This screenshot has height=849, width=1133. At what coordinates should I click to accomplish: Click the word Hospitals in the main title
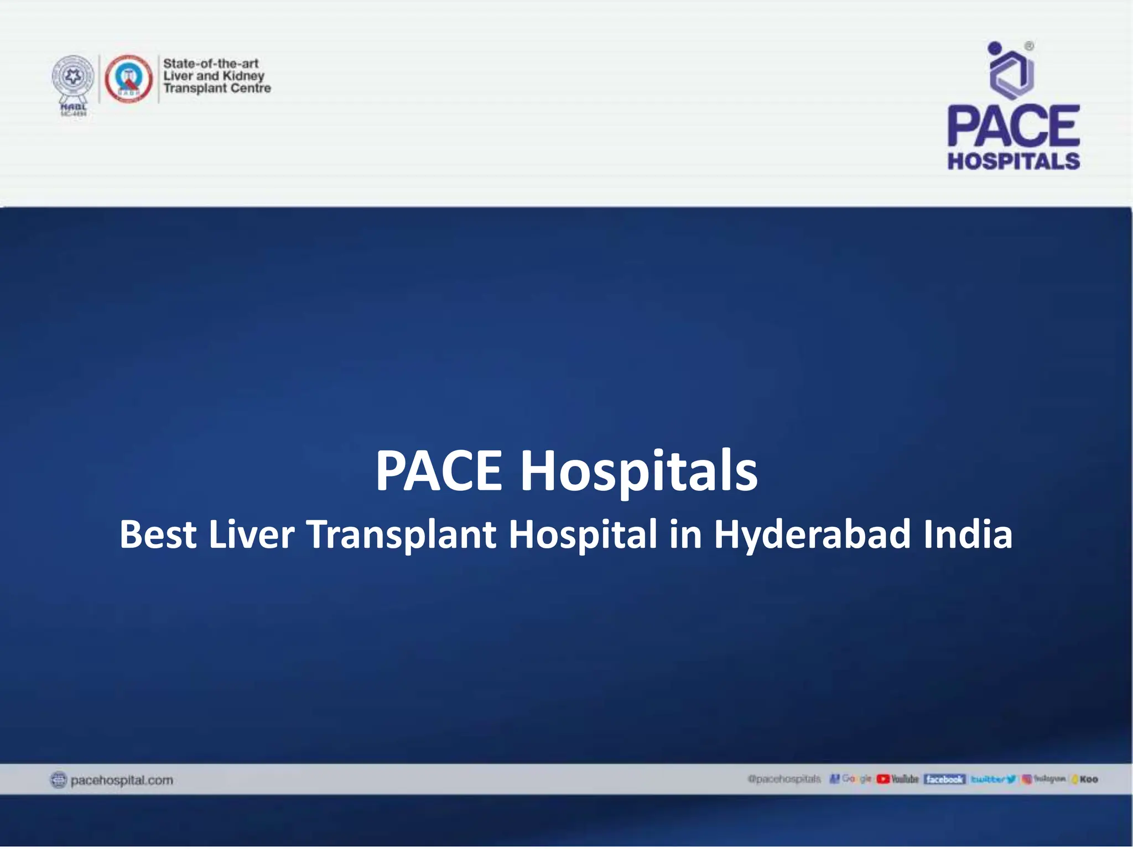click(x=638, y=471)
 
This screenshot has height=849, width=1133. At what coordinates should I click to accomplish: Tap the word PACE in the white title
click(x=439, y=471)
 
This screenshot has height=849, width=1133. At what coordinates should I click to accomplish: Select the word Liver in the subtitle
click(x=251, y=534)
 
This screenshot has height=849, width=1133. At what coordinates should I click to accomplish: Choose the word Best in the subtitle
click(x=158, y=534)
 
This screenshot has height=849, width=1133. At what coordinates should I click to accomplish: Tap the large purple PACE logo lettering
click(x=1014, y=126)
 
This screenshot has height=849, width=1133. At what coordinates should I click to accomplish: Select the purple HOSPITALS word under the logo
click(x=1014, y=161)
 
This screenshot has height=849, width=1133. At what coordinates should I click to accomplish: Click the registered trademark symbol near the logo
click(x=1030, y=46)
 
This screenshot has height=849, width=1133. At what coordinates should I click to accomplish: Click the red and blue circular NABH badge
click(x=128, y=79)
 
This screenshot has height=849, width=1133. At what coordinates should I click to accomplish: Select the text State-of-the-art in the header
click(x=211, y=64)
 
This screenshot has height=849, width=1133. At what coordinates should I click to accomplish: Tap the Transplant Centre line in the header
click(x=217, y=88)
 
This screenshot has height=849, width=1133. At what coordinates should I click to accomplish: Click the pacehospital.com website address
click(x=122, y=780)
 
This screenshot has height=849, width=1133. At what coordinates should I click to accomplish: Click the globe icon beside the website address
click(x=58, y=780)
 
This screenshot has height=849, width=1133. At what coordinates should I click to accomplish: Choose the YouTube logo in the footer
click(x=897, y=779)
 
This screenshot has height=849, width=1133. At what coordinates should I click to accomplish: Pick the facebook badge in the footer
click(x=944, y=779)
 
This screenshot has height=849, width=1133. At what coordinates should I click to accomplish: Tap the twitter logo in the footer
click(x=993, y=779)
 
